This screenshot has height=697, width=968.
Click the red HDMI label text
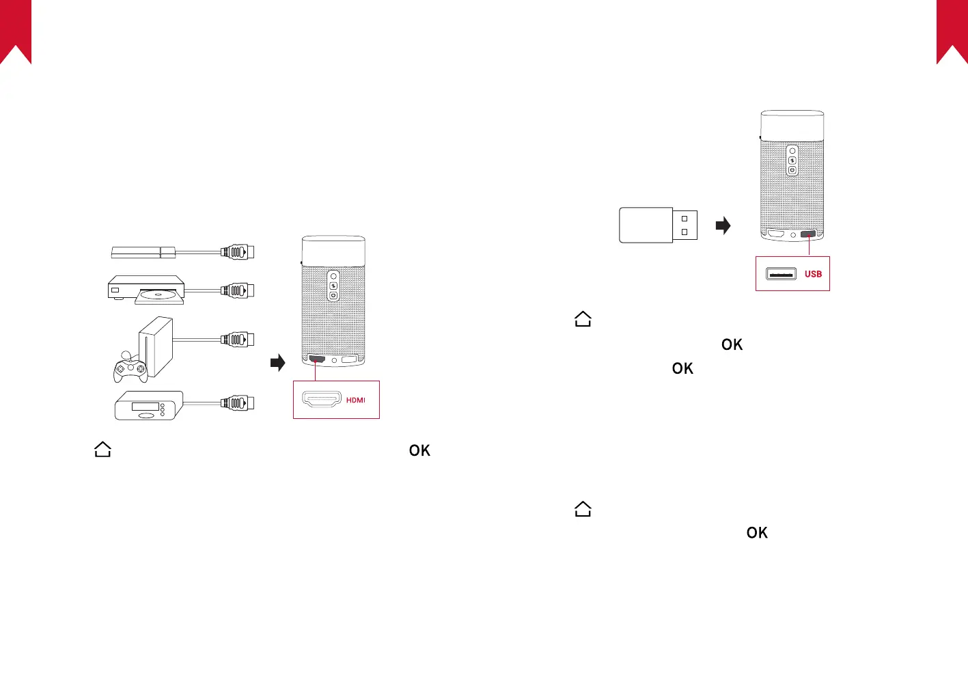pos(355,400)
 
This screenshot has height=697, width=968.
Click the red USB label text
pos(813,274)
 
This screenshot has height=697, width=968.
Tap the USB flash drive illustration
pos(658,225)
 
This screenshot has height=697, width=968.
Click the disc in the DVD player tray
pos(159,296)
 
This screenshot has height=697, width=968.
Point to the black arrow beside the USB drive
pos(723,225)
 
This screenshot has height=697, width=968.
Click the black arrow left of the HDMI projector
pos(277,362)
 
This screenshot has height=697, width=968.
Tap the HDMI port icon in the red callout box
pos(321,400)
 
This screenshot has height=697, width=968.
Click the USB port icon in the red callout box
pos(781,274)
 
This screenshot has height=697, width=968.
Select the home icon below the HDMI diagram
pos(102,450)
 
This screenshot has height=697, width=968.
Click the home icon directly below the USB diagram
pos(583,319)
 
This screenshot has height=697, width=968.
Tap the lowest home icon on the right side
pos(583,509)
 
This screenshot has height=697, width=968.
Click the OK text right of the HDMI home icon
pos(419,450)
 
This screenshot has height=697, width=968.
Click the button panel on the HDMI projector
pos(333,286)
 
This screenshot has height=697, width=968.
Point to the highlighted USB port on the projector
pos(809,234)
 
